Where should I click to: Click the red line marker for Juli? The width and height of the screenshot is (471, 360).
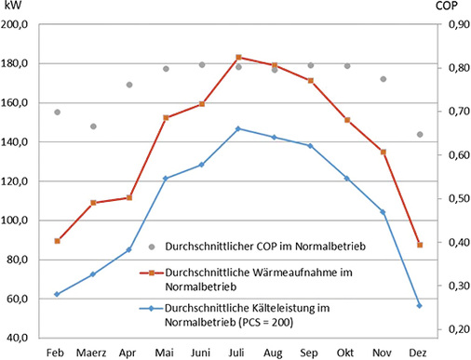[238, 58]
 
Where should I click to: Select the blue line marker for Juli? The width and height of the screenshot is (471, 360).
[238, 129]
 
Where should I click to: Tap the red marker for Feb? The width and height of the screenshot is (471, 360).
[57, 241]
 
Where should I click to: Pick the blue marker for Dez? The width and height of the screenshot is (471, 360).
[420, 306]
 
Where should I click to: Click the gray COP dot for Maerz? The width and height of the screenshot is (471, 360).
[93, 127]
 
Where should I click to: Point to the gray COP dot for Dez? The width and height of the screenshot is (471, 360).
[420, 134]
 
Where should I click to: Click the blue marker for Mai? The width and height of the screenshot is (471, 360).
[166, 179]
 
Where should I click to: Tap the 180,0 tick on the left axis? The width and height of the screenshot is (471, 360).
[20, 64]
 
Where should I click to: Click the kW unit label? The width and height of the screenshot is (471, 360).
[12, 7]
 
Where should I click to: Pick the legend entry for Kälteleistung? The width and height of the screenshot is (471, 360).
[251, 313]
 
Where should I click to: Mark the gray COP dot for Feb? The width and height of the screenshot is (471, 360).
[57, 113]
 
